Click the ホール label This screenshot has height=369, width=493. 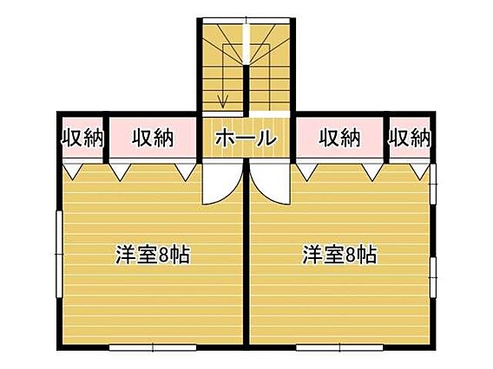pos(246,138)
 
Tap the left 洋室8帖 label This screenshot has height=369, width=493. pos(153,254)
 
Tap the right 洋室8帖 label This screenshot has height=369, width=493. pos(339,254)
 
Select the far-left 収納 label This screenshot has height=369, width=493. pos(82,138)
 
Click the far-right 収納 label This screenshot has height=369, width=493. pos(410,138)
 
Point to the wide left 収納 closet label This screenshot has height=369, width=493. pos(153,138)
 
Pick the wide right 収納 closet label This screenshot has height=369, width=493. pos(340,138)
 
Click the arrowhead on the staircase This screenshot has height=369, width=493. pos(223,102)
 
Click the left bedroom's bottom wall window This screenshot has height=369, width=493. pos(153,347)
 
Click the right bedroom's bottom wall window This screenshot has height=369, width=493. pos(339,347)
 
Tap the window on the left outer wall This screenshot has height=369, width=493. pos(59,254)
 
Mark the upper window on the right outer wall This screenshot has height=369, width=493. pos(433,184)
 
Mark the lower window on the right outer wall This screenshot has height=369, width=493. pos(433,278)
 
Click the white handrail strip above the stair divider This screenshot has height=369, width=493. pos(246,44)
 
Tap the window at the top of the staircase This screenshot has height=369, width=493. pos(246,21)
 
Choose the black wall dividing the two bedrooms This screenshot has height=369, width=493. pos(246,254)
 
